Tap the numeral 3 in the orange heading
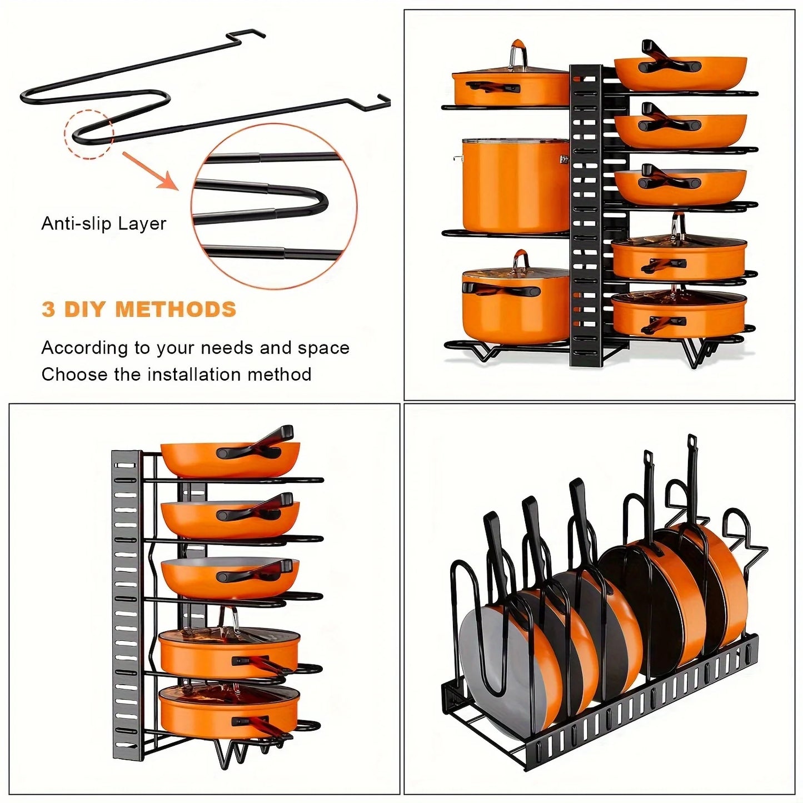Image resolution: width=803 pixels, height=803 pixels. [x=48, y=310]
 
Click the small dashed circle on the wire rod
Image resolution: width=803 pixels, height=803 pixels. [x=89, y=134]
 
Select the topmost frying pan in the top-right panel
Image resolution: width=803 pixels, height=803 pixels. [x=680, y=72]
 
